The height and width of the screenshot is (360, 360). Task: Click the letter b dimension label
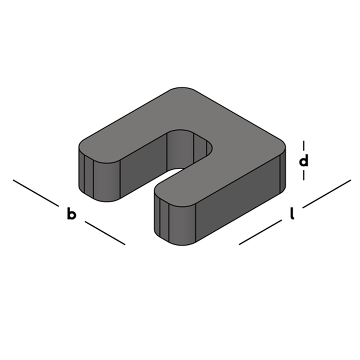point(71,214)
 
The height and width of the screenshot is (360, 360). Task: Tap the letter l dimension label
point(292,214)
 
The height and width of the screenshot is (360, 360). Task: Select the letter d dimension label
point(304,160)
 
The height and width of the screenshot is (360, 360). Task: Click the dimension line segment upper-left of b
point(36,193)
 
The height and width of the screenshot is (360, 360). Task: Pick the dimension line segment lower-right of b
point(105,233)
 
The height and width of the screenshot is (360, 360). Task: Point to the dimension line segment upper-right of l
point(327,194)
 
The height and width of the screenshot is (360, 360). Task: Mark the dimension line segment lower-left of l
point(260,232)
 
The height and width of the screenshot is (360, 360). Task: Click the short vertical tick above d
point(304,146)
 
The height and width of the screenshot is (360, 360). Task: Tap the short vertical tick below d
point(304,175)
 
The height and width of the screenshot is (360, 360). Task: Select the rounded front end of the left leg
point(100,179)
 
